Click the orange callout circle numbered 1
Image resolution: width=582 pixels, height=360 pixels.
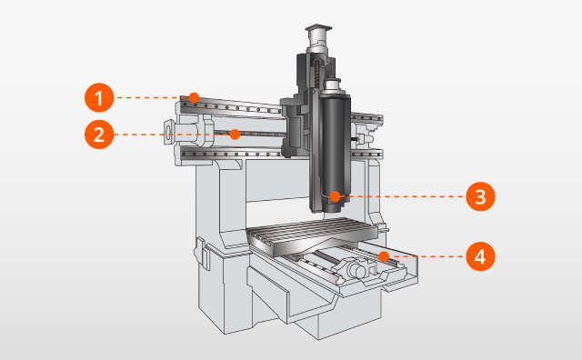point(98,96)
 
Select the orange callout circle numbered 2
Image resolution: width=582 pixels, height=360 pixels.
point(98,135)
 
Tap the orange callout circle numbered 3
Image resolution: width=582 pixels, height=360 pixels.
point(480,195)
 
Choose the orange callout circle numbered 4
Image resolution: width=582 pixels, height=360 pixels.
point(480,256)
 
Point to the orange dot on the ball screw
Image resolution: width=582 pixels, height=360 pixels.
point(234,135)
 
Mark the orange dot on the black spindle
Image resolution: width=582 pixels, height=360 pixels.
point(336,195)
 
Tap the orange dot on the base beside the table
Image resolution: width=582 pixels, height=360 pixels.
point(383,256)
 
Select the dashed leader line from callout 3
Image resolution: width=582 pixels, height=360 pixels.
point(400,195)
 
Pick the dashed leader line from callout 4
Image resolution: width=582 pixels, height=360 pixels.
point(423,256)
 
